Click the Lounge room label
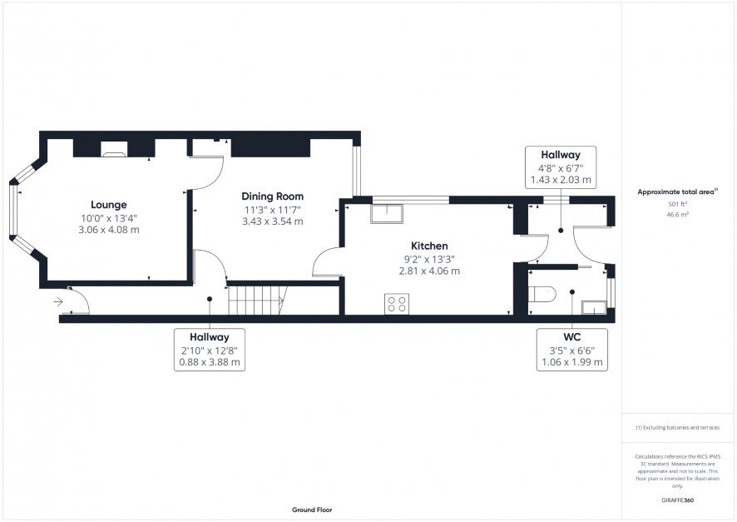pos(109,205)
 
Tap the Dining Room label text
pos(273,196)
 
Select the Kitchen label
pos(429,246)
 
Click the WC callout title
pos(572,336)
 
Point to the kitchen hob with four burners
pos(397,304)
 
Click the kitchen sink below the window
pos(387,213)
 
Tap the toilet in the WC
pos(542,295)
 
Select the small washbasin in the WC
pos(594,308)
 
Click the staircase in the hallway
pos(258,301)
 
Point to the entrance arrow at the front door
pos(58,301)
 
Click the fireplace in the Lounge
pos(114,148)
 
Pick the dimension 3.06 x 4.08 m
pos(109,230)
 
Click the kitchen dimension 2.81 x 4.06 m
pos(429,271)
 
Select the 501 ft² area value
pos(677,204)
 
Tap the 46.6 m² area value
pos(677,215)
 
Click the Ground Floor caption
pos(312,510)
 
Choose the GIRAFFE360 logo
pos(677,500)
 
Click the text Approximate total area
pos(676,191)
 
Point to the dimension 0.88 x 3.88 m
pos(210,363)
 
